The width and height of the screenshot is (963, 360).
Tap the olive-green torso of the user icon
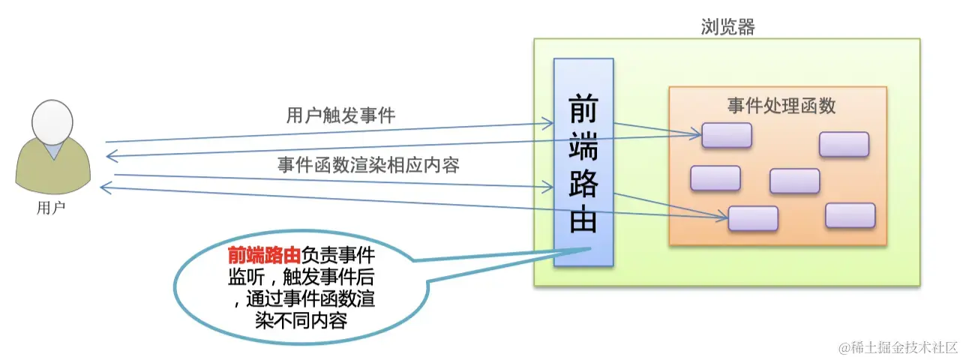click(52, 168)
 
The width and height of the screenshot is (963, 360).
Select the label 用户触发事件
click(341, 115)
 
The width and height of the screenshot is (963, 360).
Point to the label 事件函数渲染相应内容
click(368, 164)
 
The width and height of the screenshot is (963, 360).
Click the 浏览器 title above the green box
click(727, 28)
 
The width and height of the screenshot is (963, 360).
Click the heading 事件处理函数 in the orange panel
click(781, 106)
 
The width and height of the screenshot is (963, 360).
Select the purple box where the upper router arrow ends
click(727, 135)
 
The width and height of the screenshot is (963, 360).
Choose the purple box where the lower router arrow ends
click(753, 218)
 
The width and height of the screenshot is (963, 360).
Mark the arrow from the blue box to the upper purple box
click(657, 129)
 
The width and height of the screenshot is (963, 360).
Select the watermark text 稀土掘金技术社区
click(904, 347)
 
